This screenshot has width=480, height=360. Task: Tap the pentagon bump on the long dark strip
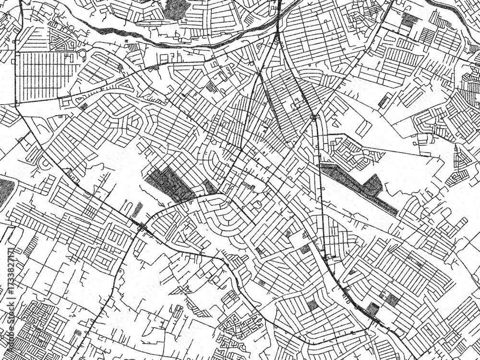372,185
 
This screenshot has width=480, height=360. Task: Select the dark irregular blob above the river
177,9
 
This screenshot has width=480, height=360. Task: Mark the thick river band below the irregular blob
144,38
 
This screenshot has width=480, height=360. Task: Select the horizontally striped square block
372,308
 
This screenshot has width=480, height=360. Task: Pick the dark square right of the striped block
392,300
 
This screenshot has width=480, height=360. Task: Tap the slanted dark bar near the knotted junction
137,209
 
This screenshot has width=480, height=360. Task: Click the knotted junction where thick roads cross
142,228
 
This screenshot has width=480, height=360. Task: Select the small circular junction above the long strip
313,117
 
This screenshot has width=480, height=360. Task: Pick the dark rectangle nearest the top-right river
409,20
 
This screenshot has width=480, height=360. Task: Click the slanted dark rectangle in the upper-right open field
384,101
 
